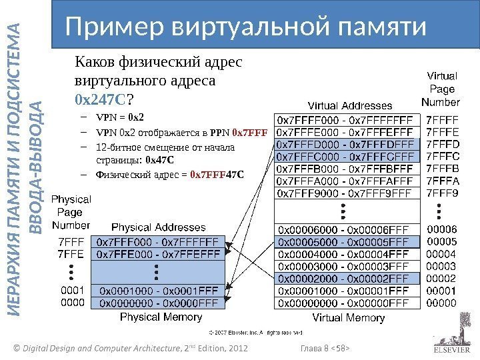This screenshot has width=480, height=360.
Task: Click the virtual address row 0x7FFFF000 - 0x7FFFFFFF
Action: [347, 121]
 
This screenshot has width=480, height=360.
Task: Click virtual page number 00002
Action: [441, 278]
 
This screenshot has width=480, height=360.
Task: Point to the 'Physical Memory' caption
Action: [158, 317]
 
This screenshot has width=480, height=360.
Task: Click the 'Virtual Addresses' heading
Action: [349, 105]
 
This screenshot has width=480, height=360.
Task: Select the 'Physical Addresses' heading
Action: [153, 227]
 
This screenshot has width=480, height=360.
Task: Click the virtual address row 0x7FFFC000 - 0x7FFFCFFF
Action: [347, 157]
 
